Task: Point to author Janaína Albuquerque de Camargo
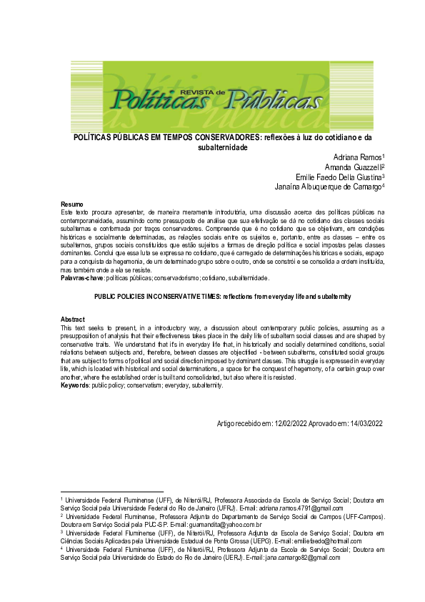tap(329, 187)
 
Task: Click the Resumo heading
tap(72, 205)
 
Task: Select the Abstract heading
tap(73, 320)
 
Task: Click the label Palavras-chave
tap(82, 277)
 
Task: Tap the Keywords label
tap(74, 385)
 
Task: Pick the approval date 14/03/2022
tap(365, 424)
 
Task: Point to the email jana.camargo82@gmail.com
tap(300, 558)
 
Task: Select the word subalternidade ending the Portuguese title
tap(222, 147)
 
